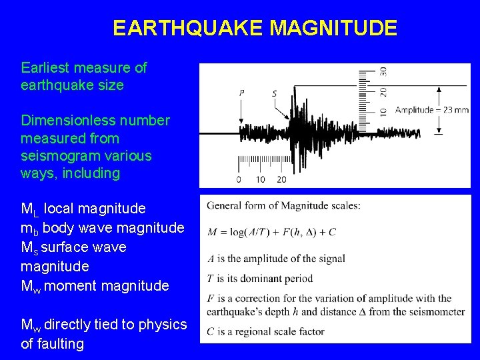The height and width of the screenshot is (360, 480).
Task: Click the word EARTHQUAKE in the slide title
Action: (x=189, y=29)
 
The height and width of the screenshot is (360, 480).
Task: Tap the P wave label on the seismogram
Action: (x=241, y=93)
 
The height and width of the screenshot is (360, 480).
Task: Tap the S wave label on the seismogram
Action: (x=275, y=93)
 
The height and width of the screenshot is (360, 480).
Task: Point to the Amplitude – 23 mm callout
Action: (x=431, y=110)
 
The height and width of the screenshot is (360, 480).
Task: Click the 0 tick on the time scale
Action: (x=239, y=179)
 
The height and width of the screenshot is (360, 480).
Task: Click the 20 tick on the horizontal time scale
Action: (x=281, y=179)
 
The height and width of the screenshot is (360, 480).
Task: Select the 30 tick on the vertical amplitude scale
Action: (x=383, y=71)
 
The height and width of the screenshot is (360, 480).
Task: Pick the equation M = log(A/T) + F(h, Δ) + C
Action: (x=271, y=232)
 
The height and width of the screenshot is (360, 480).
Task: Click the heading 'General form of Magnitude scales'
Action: (x=283, y=205)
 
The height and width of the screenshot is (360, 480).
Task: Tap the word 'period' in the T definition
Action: (x=329, y=279)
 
